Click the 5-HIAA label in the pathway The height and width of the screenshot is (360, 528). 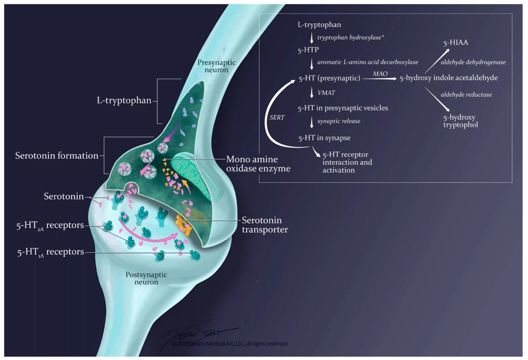click(455, 43)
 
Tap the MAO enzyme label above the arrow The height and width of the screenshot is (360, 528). click(380, 74)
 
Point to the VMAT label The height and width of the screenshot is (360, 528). click(326, 93)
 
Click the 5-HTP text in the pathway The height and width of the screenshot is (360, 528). click(308, 50)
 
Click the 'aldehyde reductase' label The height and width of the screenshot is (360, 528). click(466, 95)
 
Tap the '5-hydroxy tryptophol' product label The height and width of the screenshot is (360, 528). click(461, 121)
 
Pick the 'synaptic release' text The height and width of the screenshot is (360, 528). click(339, 121)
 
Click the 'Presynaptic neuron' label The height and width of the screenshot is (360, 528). click(216, 66)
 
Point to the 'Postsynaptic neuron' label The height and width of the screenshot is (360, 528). click(147, 278)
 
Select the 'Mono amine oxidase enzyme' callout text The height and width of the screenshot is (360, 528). click(258, 164)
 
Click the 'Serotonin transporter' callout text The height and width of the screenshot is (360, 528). click(265, 225)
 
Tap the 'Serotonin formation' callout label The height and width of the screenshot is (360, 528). click(57, 156)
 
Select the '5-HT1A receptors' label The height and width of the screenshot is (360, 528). click(50, 252)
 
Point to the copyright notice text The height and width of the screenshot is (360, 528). click(229, 344)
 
